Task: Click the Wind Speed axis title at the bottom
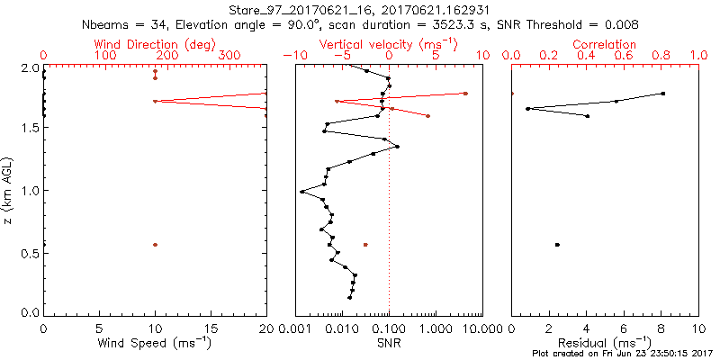tap(155, 343)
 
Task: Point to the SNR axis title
tap(389, 343)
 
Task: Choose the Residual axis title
tap(605, 343)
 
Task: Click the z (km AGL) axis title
tap(8, 190)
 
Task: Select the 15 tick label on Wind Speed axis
tap(211, 328)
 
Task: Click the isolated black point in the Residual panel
tap(557, 245)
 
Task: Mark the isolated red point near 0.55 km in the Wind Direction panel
tap(156, 245)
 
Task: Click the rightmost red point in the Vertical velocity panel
tap(465, 93)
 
